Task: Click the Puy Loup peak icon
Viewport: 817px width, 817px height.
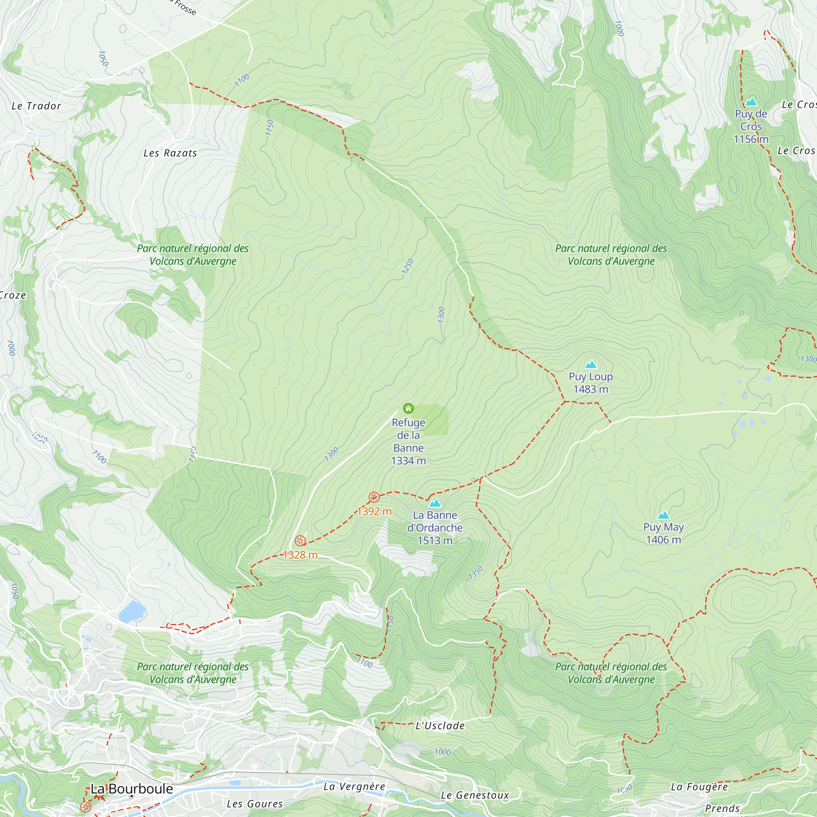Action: click(590, 364)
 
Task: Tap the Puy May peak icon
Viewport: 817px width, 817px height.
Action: click(663, 515)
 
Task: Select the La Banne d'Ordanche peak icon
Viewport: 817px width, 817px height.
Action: click(435, 503)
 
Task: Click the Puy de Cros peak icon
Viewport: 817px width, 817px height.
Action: click(751, 101)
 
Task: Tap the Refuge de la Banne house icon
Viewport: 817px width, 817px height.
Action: click(408, 408)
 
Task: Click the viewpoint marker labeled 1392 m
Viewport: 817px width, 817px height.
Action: click(374, 497)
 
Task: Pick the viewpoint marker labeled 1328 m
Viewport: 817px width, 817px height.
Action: click(300, 541)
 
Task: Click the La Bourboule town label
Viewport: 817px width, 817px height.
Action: click(132, 789)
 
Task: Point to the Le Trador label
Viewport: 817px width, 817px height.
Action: click(36, 106)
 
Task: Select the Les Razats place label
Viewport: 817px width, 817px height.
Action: click(170, 153)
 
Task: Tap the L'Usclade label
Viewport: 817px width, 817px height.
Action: click(440, 725)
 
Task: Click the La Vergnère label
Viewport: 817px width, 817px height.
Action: click(354, 786)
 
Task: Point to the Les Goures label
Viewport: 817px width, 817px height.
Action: click(254, 804)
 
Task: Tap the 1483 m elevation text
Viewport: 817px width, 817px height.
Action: click(590, 389)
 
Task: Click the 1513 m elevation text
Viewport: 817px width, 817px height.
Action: click(435, 540)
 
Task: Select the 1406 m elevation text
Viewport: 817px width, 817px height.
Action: click(663, 540)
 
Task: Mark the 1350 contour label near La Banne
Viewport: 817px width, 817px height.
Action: click(475, 573)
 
